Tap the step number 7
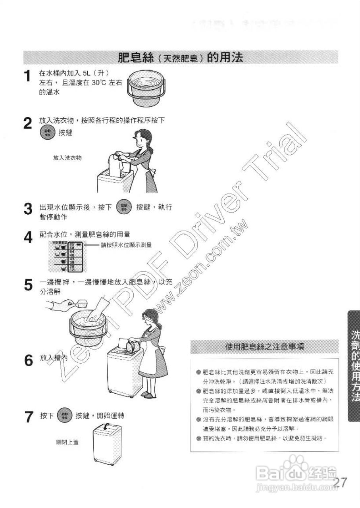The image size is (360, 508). coord(28,417)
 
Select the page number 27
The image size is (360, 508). coord(340,483)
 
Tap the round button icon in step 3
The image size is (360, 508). coord(124,208)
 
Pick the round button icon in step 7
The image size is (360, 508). coord(64,416)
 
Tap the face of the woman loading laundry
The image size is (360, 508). coord(141,139)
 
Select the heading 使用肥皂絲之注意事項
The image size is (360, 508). coord(265,346)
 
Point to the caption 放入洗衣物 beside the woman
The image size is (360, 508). coord(67,158)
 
